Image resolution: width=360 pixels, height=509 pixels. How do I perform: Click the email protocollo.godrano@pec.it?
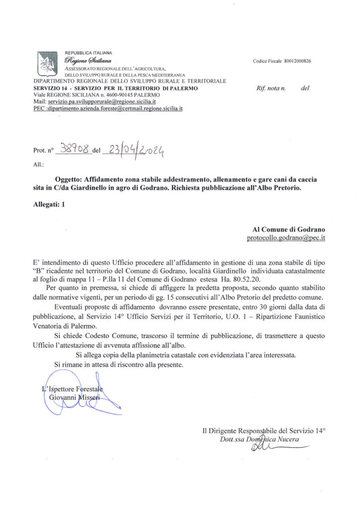pyautogui.click(x=286, y=238)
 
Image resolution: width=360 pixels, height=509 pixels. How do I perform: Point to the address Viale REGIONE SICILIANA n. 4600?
pyautogui.click(x=96, y=94)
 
